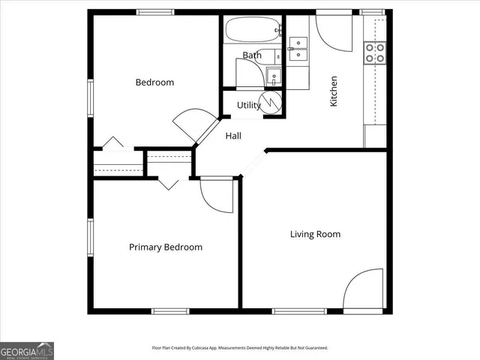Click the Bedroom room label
(154, 82)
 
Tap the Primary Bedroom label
(166, 247)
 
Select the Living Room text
(316, 235)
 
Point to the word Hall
(233, 136)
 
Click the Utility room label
(249, 106)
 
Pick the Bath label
(251, 55)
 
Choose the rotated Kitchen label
(334, 91)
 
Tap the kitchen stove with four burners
(374, 52)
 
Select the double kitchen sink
(298, 49)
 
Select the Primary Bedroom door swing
(216, 196)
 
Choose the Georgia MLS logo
(27, 350)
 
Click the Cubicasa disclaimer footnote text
(240, 348)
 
